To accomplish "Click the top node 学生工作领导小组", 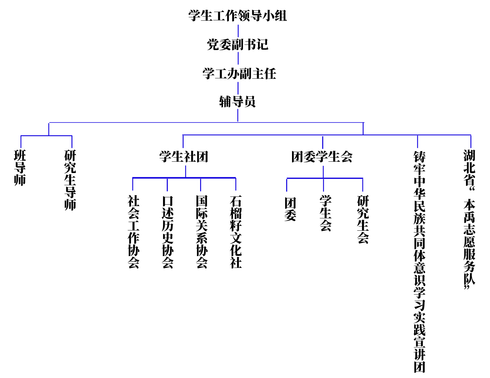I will (x=237, y=16).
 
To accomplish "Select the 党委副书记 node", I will (x=237, y=45).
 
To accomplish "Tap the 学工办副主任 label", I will (x=239, y=73).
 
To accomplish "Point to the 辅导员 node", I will (x=237, y=102).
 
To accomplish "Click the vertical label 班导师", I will (x=20, y=168).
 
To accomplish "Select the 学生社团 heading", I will (x=184, y=157).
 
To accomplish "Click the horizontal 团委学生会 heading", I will (x=322, y=157).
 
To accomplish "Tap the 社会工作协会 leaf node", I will (x=133, y=232).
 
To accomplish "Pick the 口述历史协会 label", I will (x=167, y=232).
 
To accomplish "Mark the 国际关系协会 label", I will (x=201, y=232).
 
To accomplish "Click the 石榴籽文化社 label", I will (x=236, y=232).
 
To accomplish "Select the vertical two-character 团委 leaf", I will (x=290, y=209).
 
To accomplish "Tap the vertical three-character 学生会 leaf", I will (x=325, y=213).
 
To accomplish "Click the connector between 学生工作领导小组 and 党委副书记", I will (x=238, y=31).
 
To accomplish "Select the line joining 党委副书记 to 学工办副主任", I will (x=238, y=59).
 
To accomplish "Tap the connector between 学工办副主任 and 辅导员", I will (x=238, y=88).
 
